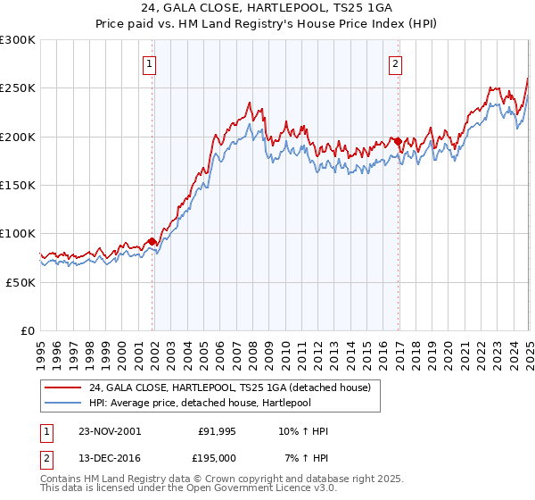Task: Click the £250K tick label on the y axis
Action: (x=18, y=88)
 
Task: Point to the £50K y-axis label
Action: (x=21, y=282)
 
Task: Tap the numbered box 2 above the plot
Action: (x=394, y=63)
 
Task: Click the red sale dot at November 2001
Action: (x=152, y=241)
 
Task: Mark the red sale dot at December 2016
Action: (x=398, y=141)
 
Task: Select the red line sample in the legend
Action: (x=62, y=387)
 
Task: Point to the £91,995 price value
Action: (x=215, y=431)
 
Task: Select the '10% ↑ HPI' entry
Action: (x=302, y=431)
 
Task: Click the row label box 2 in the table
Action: (x=45, y=457)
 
